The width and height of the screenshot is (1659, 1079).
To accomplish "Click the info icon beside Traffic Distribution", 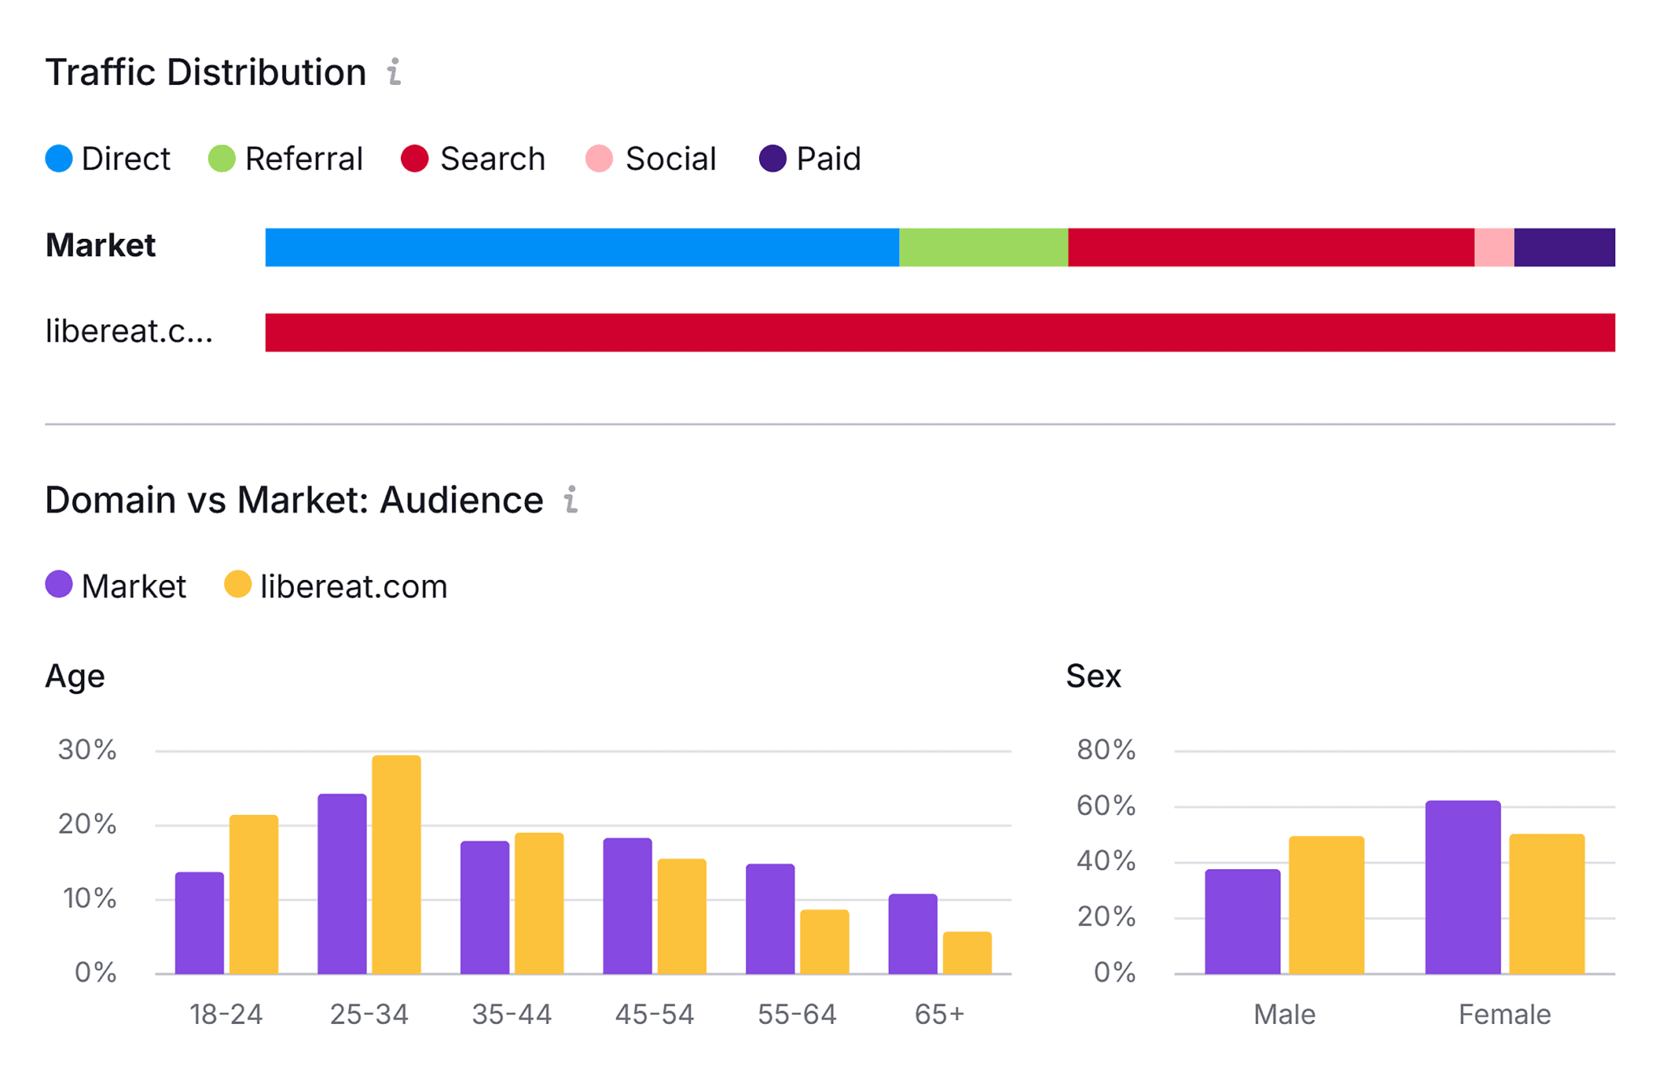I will pyautogui.click(x=394, y=72).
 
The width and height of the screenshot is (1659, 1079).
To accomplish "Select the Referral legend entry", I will pyautogui.click(x=285, y=159).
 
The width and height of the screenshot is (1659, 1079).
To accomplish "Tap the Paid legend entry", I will pyautogui.click(x=809, y=159).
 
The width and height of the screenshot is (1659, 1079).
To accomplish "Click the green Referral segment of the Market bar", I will pyautogui.click(x=983, y=247).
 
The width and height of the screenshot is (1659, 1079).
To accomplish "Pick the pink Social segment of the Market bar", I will pyautogui.click(x=1493, y=247).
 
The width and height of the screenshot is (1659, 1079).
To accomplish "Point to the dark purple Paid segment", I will pyautogui.click(x=1563, y=247).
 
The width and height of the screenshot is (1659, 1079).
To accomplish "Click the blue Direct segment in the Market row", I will pyautogui.click(x=582, y=247).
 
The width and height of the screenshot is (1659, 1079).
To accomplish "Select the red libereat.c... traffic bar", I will pyautogui.click(x=940, y=332).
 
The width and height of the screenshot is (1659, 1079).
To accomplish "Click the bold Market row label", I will pyautogui.click(x=100, y=245).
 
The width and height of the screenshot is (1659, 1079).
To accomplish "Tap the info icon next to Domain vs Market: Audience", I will pyautogui.click(x=571, y=500).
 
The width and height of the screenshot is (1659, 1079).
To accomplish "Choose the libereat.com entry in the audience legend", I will pyautogui.click(x=335, y=586).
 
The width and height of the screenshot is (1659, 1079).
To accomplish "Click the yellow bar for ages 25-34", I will pyautogui.click(x=396, y=864).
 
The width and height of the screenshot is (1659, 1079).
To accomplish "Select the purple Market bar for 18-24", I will pyautogui.click(x=199, y=923).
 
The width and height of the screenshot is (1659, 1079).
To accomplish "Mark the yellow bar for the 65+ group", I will pyautogui.click(x=966, y=953).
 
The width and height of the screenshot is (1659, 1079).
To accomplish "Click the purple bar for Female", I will pyautogui.click(x=1462, y=887).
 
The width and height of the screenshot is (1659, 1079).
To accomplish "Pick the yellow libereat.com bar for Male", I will pyautogui.click(x=1326, y=905).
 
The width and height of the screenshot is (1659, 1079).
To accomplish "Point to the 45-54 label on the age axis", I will pyautogui.click(x=654, y=1014).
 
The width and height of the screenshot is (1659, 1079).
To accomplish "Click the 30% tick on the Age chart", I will pyautogui.click(x=87, y=750).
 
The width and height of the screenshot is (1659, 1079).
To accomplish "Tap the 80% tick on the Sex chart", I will pyautogui.click(x=1106, y=750).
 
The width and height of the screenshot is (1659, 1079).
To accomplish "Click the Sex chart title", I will pyautogui.click(x=1093, y=676).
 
